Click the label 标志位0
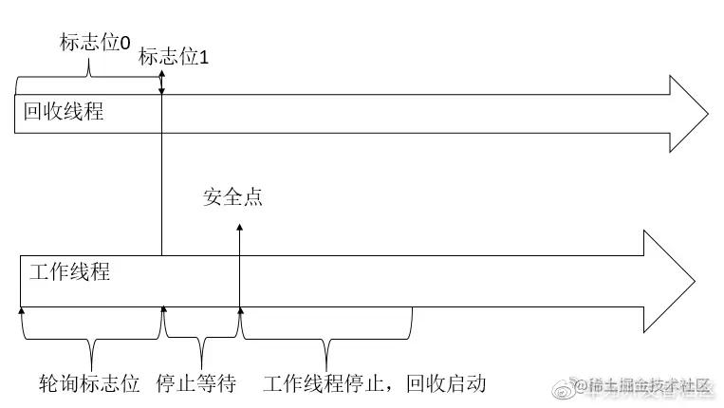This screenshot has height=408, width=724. (x=92, y=43)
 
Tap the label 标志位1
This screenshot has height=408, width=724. (x=174, y=57)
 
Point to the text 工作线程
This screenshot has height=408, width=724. (x=69, y=272)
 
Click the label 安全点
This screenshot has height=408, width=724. (x=232, y=198)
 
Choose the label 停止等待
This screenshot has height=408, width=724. (x=195, y=383)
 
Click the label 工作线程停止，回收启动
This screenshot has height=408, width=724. (x=374, y=383)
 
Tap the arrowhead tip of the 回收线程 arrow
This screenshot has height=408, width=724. (x=706, y=114)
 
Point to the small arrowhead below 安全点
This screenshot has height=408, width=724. (x=239, y=227)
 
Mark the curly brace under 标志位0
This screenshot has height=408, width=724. (x=88, y=68)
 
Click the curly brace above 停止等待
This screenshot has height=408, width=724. (x=201, y=332)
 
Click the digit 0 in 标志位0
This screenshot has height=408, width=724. (x=124, y=43)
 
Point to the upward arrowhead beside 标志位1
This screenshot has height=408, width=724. (x=162, y=74)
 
